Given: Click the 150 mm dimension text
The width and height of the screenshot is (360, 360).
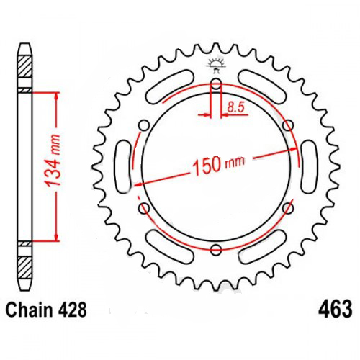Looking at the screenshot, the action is pos(219,164).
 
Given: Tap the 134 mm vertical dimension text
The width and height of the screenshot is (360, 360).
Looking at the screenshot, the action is pos(53,161).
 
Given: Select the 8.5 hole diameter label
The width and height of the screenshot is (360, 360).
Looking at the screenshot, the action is pos(235,107).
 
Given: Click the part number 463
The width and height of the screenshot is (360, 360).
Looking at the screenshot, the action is pos(336,309).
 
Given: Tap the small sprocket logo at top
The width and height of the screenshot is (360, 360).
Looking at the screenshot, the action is pos(217,64).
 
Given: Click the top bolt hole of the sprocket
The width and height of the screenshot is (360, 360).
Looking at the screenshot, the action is pos(216,84).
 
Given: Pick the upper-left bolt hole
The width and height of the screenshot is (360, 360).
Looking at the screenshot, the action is pos(145,125).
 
